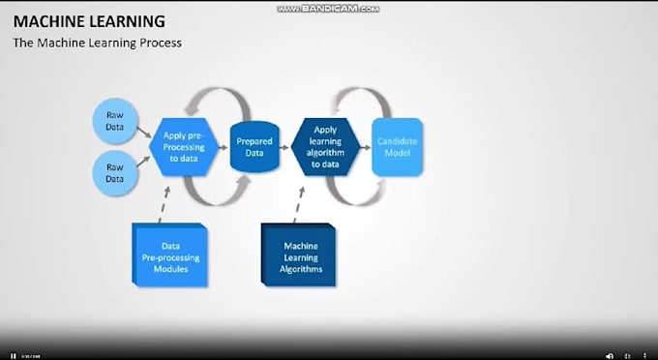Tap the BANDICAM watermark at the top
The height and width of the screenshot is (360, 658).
click(x=329, y=8)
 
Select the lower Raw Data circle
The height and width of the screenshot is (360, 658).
click(x=115, y=172)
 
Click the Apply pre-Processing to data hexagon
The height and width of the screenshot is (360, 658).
click(x=184, y=146)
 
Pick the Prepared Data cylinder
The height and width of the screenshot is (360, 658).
click(x=254, y=146)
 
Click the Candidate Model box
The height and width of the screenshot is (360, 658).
click(x=396, y=147)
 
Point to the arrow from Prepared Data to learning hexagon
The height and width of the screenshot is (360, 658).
click(x=284, y=147)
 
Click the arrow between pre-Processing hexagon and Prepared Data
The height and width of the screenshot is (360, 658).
click(x=223, y=147)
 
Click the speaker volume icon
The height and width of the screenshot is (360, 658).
click(x=609, y=354)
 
